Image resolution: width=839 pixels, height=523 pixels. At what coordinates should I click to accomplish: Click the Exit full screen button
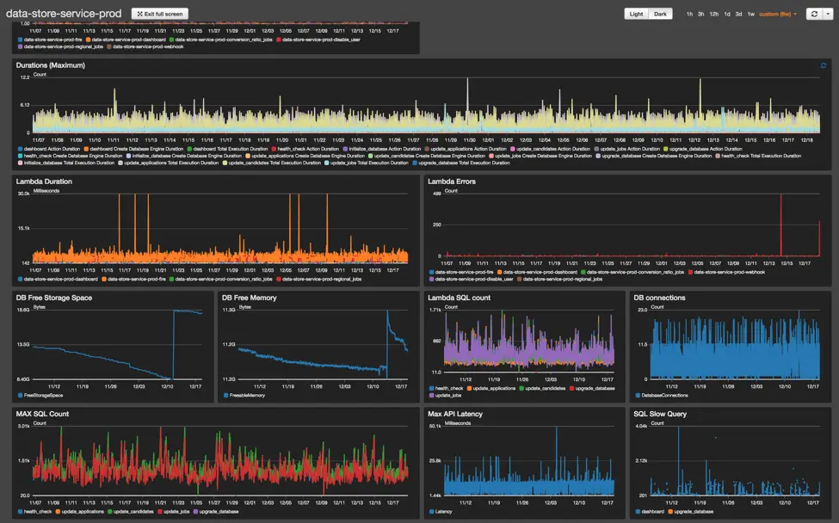tap(159, 14)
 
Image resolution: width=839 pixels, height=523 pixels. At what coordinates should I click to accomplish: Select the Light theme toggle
tap(636, 14)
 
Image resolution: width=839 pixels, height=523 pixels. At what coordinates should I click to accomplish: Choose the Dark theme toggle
tap(660, 14)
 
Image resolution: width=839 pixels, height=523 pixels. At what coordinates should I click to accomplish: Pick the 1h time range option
tap(689, 14)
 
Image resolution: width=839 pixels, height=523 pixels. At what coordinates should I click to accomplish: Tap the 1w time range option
tap(750, 14)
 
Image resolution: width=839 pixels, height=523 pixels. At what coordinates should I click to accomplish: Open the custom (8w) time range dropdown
tap(778, 14)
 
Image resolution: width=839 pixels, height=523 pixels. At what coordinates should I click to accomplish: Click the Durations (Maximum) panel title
tap(51, 65)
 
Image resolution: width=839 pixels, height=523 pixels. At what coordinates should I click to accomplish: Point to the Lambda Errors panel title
tap(452, 182)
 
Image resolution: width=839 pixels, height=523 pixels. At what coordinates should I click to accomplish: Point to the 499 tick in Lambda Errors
tap(436, 194)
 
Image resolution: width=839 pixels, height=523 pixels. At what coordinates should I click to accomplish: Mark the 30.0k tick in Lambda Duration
tap(24, 194)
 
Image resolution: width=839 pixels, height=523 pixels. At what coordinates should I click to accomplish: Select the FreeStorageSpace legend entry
tap(44, 395)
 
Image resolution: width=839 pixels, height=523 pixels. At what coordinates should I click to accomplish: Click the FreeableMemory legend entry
tap(247, 395)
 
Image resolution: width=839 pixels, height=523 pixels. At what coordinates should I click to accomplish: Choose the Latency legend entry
tap(443, 511)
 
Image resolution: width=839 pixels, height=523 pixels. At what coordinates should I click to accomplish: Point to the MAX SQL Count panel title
tap(42, 414)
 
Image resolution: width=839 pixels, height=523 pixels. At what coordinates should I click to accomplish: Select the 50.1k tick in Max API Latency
tap(435, 427)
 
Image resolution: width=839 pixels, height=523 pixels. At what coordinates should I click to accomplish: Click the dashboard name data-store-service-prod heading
tap(64, 13)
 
